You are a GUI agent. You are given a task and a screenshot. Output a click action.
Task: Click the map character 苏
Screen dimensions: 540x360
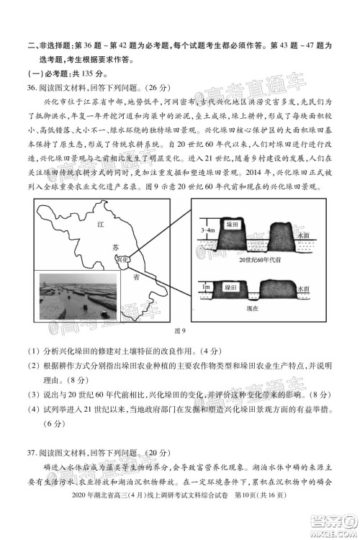pos(114,246)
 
